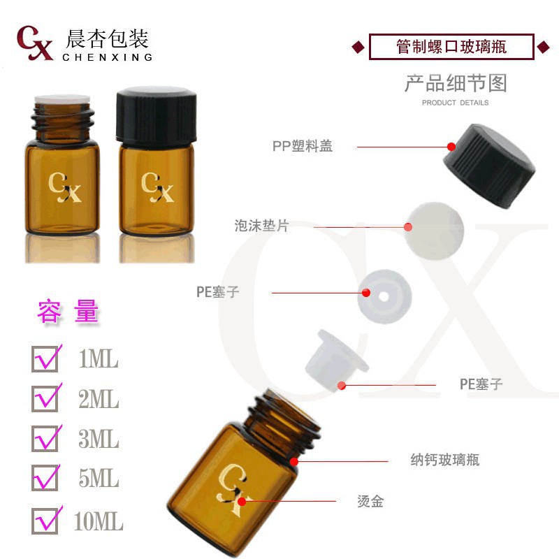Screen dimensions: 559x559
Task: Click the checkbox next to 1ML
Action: click(x=45, y=359)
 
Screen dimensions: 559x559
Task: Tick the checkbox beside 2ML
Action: click(x=45, y=399)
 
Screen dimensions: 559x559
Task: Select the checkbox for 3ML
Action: click(x=45, y=439)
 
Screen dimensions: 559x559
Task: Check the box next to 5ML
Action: click(x=45, y=478)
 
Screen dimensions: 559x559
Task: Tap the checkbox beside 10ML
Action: click(x=45, y=520)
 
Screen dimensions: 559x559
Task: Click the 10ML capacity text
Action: click(x=99, y=521)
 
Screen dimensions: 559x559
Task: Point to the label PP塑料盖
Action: click(x=303, y=147)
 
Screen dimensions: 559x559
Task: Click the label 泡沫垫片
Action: click(x=261, y=226)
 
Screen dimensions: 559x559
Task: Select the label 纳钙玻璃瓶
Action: click(x=444, y=460)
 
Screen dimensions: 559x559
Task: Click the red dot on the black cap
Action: click(x=451, y=147)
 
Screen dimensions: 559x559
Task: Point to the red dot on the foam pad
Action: click(x=408, y=226)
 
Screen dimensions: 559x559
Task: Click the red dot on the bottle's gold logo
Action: click(x=242, y=501)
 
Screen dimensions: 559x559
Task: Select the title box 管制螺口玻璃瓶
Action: click(x=451, y=47)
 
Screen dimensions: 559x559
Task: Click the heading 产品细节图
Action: click(x=455, y=83)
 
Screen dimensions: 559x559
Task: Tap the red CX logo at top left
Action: click(x=35, y=43)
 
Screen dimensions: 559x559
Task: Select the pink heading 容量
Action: click(x=68, y=312)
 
